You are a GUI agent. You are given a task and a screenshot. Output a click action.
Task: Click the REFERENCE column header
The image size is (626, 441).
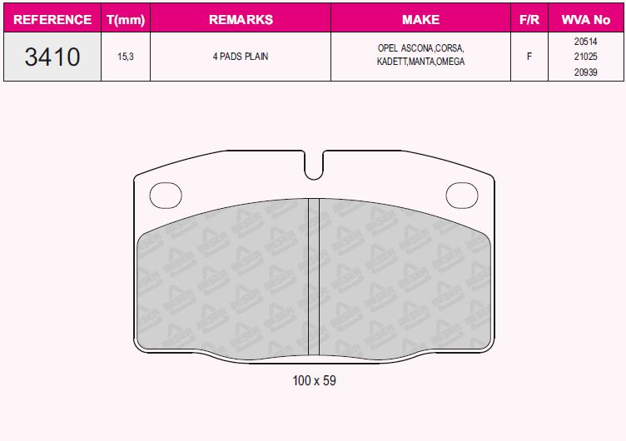click(52, 19)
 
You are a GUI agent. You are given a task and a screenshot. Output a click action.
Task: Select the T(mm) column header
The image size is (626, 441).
click(126, 19)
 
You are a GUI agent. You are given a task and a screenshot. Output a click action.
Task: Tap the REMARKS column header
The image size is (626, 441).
click(240, 19)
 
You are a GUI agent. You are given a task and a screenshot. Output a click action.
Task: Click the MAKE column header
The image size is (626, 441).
click(420, 19)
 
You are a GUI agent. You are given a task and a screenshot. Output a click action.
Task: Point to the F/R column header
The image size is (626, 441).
click(529, 19)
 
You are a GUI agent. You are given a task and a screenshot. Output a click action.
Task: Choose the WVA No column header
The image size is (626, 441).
click(585, 19)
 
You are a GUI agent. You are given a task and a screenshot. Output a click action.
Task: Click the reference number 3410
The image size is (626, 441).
click(52, 57)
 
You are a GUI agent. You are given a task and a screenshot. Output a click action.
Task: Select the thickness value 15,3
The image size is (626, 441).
click(126, 57)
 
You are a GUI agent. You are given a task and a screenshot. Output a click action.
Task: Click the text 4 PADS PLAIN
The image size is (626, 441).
click(240, 57)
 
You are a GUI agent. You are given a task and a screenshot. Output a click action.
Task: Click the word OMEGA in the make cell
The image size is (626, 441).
click(450, 62)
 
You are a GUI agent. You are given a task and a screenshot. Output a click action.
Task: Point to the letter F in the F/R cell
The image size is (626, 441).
click(529, 57)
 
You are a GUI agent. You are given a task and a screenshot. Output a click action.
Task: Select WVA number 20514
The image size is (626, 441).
click(585, 42)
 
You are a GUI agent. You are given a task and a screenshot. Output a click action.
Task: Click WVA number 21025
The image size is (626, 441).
click(585, 57)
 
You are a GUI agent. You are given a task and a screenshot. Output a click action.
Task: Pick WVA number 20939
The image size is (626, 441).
click(585, 72)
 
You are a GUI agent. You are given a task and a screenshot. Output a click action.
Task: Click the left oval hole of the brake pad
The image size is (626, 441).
click(165, 196)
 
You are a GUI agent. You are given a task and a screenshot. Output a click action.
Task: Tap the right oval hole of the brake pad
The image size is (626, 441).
click(462, 196)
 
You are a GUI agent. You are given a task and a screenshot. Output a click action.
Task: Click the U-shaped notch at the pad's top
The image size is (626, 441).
click(314, 166)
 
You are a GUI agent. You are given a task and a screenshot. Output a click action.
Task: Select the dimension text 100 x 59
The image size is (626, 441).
click(314, 380)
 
